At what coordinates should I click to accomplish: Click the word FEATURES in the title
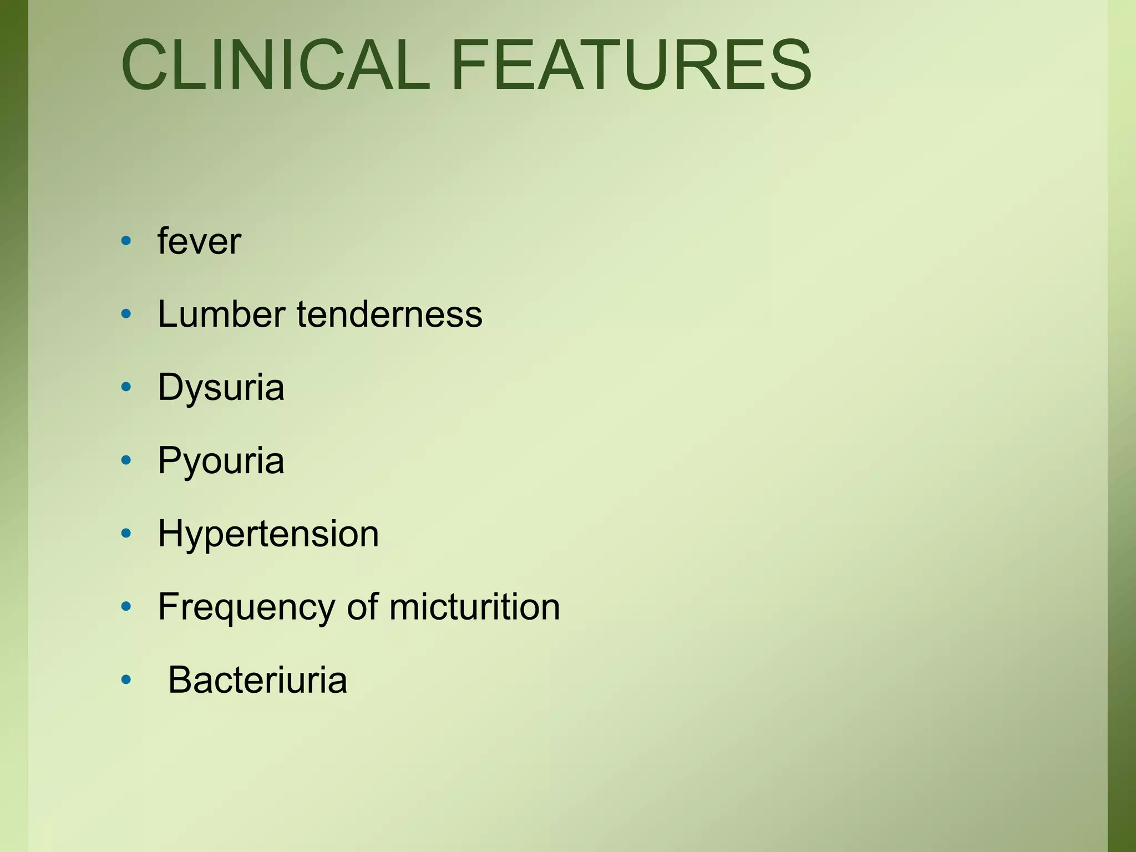pos(631,64)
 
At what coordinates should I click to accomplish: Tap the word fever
pos(199,241)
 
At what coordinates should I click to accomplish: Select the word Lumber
pos(221,314)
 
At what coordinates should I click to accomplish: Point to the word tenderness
pos(389,314)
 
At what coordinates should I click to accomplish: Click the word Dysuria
pos(221,387)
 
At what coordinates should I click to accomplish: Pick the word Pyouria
pos(221,460)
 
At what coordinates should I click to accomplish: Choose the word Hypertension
pos(268,534)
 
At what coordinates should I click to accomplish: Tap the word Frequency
pos(246,607)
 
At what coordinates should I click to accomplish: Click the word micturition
pos(475,607)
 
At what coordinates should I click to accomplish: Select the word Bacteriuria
pos(257,680)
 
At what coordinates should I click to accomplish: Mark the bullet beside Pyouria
pos(126,460)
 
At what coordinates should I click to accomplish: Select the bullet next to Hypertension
pos(126,534)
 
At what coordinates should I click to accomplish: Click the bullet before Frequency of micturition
pos(126,607)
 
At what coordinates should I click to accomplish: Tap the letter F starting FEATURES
pos(469,64)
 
